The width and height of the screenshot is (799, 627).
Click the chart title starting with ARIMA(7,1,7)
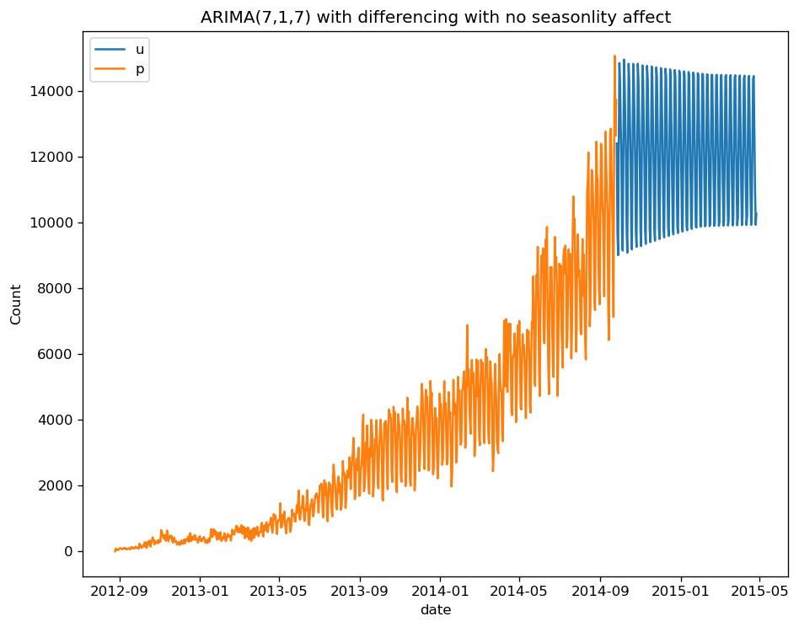436,18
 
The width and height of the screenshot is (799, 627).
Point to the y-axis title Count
17,304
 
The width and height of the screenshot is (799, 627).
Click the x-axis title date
436,609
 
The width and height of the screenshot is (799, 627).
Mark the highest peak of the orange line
615,56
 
